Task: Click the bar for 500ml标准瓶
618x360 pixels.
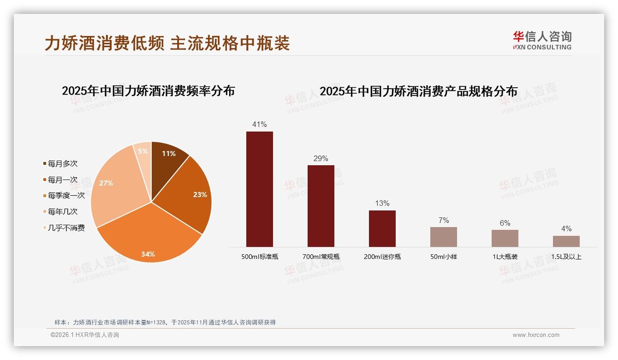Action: (x=259, y=189)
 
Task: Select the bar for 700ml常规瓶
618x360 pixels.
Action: (x=321, y=206)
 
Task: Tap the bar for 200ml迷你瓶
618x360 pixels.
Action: (x=382, y=228)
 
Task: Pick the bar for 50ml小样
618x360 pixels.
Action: (x=443, y=237)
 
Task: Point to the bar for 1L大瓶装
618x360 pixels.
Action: (x=505, y=238)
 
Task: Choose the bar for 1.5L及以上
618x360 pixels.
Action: (x=566, y=241)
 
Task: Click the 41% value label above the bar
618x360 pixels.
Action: (x=259, y=124)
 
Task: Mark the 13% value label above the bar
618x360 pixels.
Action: (x=382, y=203)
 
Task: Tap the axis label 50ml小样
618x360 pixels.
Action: (x=443, y=257)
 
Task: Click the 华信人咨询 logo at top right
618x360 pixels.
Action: (x=542, y=40)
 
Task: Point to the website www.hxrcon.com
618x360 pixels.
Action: (x=536, y=335)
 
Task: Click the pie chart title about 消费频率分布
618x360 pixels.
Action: (x=148, y=90)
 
